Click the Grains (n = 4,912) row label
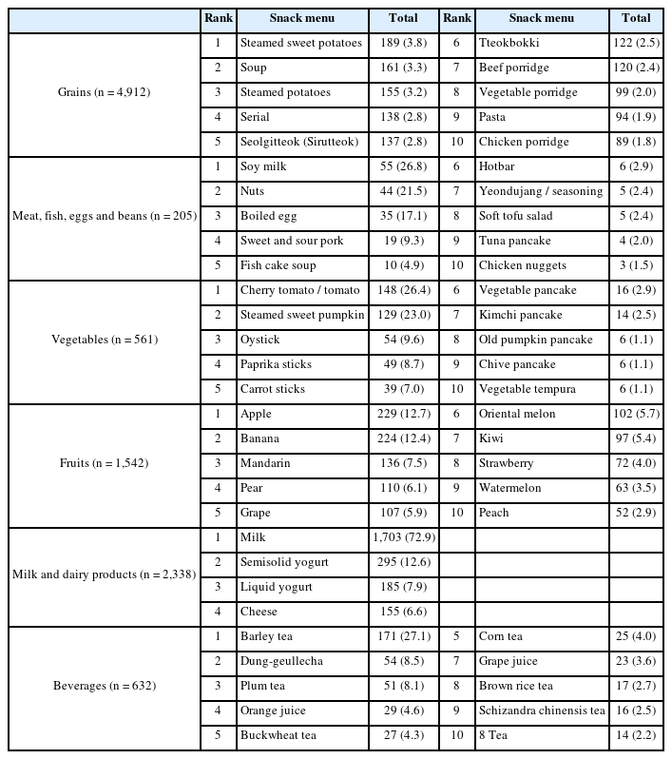click(104, 92)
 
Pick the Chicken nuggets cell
click(523, 265)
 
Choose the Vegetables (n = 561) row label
click(104, 340)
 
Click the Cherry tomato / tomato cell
click(299, 290)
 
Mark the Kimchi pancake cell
click(520, 315)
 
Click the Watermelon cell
click(510, 488)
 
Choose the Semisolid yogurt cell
click(284, 562)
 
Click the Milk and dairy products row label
click(104, 574)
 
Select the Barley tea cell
click(270, 636)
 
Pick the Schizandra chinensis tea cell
click(542, 710)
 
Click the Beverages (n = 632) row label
click(104, 686)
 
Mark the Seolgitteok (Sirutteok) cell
click(299, 142)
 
